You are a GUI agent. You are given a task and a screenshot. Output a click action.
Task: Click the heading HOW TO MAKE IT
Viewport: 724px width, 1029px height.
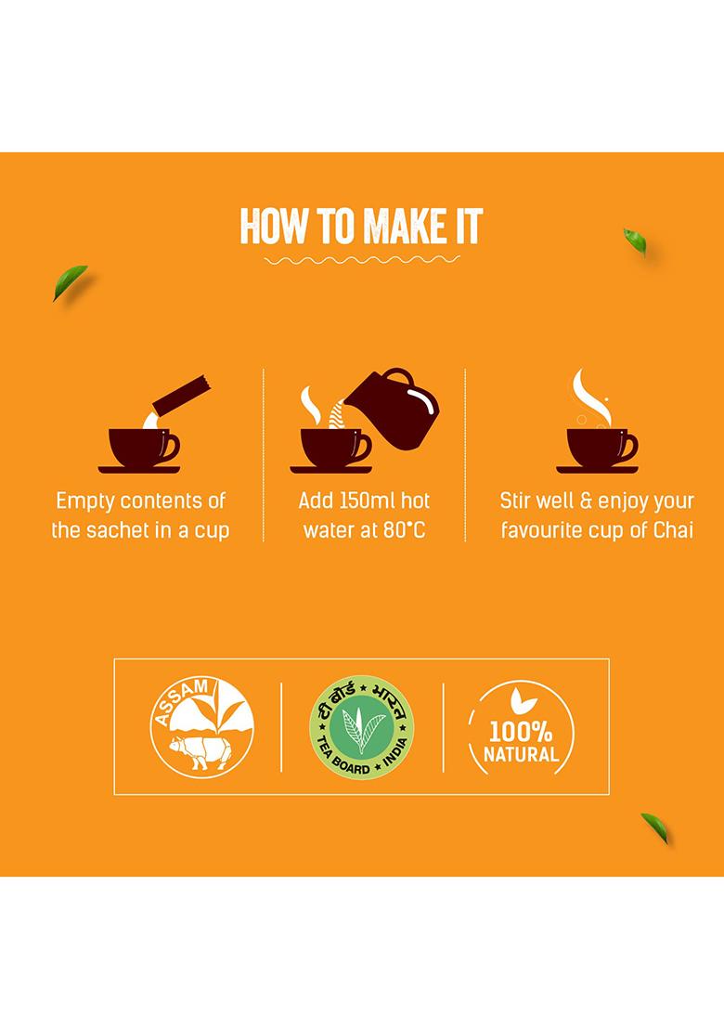point(362,226)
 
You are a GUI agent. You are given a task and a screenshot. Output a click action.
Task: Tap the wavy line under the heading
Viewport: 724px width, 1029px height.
point(362,260)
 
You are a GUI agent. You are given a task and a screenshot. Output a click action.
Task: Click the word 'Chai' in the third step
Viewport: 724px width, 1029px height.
point(673,532)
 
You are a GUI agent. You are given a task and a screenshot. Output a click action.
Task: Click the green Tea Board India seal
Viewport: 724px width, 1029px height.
point(361,726)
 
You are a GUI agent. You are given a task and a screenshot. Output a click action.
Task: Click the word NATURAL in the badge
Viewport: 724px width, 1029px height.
point(521,754)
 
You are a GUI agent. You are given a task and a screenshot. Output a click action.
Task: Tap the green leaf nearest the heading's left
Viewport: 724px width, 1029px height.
point(70,282)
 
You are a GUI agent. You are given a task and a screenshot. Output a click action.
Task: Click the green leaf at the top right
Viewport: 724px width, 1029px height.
point(636,241)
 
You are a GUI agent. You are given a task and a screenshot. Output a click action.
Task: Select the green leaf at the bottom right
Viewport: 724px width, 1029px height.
point(655,826)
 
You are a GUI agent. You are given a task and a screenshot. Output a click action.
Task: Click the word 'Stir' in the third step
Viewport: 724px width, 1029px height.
point(517,501)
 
